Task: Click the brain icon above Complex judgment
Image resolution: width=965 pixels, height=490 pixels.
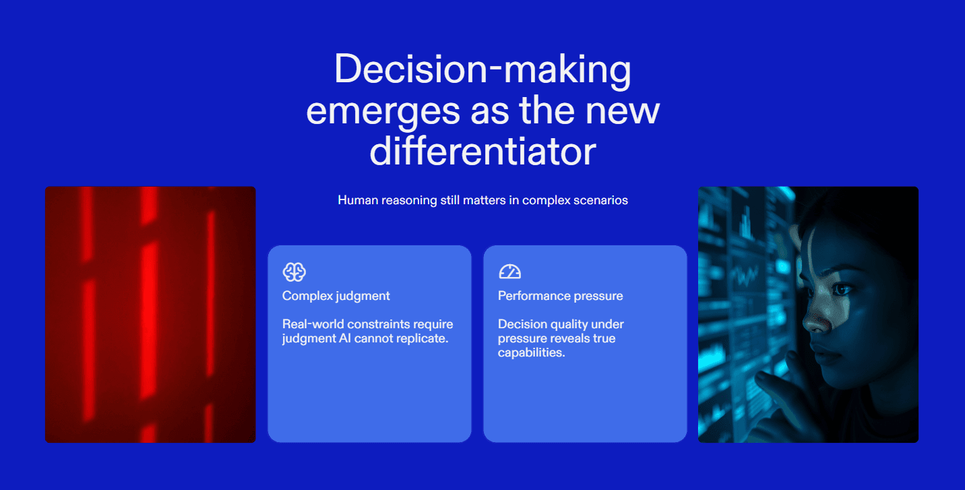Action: [294, 272]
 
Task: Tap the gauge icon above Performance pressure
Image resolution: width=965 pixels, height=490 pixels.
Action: [509, 272]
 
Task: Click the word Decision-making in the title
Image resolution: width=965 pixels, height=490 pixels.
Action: [482, 69]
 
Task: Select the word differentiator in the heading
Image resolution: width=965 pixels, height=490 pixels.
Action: [482, 151]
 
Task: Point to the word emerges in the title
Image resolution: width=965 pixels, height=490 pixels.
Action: [383, 112]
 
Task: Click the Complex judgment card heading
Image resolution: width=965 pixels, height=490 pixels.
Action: [336, 296]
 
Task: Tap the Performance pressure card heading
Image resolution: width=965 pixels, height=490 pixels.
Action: [561, 296]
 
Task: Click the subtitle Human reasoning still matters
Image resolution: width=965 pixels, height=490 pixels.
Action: [482, 200]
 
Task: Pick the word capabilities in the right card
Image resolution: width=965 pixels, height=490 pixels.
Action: [531, 353]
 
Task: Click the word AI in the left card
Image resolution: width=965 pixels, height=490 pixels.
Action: [344, 338]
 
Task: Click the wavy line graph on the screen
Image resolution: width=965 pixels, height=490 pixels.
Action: [744, 276]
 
